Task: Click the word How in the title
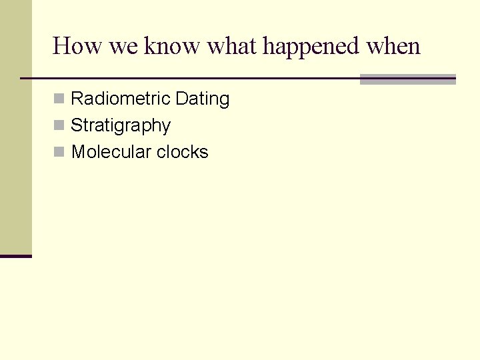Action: click(70, 47)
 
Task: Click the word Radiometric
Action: click(120, 99)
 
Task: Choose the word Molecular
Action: click(111, 152)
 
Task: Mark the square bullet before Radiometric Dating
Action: click(59, 99)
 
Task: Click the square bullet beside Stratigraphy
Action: click(59, 126)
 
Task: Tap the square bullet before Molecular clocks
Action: click(59, 153)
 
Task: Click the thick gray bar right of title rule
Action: click(407, 79)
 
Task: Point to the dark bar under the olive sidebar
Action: click(16, 256)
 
